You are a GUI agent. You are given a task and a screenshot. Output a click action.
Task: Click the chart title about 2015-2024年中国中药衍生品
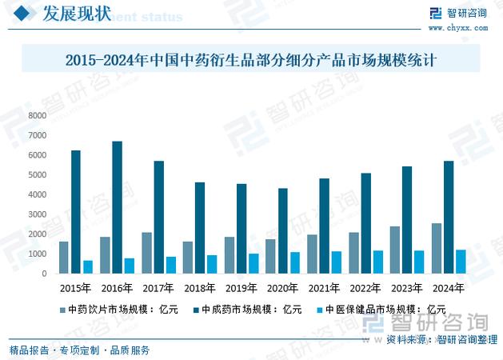250,60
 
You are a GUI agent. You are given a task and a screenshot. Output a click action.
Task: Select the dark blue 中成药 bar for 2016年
117,207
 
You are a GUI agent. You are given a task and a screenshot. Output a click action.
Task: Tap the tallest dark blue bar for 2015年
76,212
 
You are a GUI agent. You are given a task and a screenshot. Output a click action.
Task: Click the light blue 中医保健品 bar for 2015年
88,266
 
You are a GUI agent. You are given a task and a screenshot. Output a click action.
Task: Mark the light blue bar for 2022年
377,262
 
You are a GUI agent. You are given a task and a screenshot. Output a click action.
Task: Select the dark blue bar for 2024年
448,217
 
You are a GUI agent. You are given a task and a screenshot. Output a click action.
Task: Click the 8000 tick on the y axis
38,115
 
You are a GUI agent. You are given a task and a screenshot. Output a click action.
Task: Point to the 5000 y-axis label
38,174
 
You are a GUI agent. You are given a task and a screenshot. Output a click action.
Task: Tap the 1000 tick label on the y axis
38,254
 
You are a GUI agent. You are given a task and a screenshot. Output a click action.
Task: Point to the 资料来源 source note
442,340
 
